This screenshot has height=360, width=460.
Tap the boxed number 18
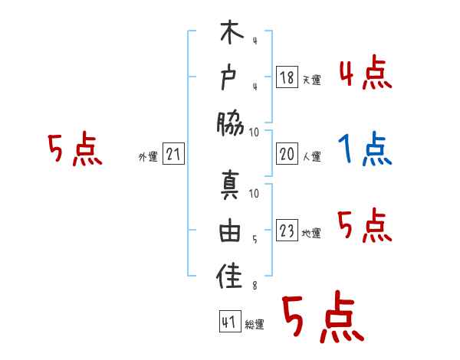(287, 77)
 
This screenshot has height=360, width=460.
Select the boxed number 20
(287, 154)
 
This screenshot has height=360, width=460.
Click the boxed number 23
(287, 231)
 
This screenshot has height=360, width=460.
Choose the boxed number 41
(228, 322)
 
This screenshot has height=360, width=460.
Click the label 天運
(311, 80)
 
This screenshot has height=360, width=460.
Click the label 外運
(148, 157)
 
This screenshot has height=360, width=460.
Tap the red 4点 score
(365, 73)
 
